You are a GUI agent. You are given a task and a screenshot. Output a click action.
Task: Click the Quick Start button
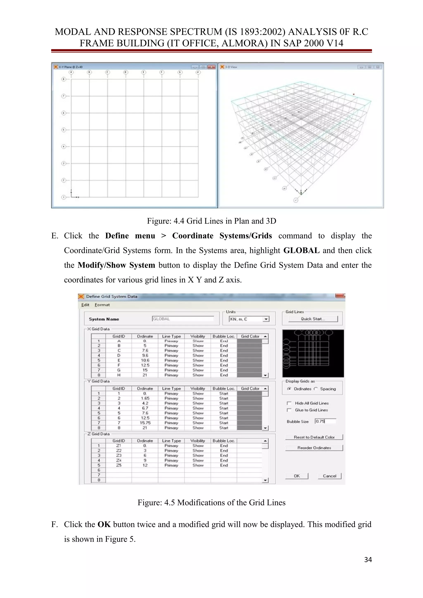click(x=313, y=319)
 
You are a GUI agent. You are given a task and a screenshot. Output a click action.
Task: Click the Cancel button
click(x=329, y=476)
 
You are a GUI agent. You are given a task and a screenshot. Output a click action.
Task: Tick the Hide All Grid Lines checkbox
click(x=289, y=403)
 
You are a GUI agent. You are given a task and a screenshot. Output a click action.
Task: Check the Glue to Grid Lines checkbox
click(x=289, y=410)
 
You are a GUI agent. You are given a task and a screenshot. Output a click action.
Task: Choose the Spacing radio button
click(x=316, y=389)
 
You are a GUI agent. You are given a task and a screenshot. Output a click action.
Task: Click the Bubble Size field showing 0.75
click(x=325, y=421)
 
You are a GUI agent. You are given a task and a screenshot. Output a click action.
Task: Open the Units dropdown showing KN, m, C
click(x=266, y=319)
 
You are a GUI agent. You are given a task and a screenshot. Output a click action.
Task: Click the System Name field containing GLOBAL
click(x=182, y=319)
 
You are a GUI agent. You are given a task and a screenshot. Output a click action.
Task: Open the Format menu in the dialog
click(x=102, y=305)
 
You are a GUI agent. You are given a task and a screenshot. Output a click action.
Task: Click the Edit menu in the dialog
click(x=85, y=305)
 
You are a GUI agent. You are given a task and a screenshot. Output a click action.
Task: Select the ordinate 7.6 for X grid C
click(x=145, y=351)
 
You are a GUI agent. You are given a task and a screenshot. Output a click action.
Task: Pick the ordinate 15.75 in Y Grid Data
click(x=145, y=423)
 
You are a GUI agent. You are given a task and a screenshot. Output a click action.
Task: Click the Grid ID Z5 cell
click(x=119, y=465)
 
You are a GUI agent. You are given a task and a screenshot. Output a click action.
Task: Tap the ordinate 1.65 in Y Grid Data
click(x=145, y=398)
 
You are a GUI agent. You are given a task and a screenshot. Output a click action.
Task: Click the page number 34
click(x=368, y=559)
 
